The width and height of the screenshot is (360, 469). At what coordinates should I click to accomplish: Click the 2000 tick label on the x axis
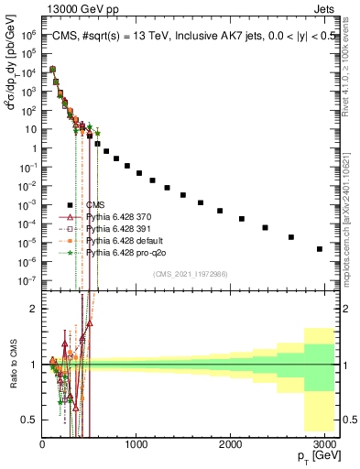point(231,445)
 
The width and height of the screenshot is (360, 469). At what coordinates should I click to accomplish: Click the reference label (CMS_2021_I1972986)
point(190,272)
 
